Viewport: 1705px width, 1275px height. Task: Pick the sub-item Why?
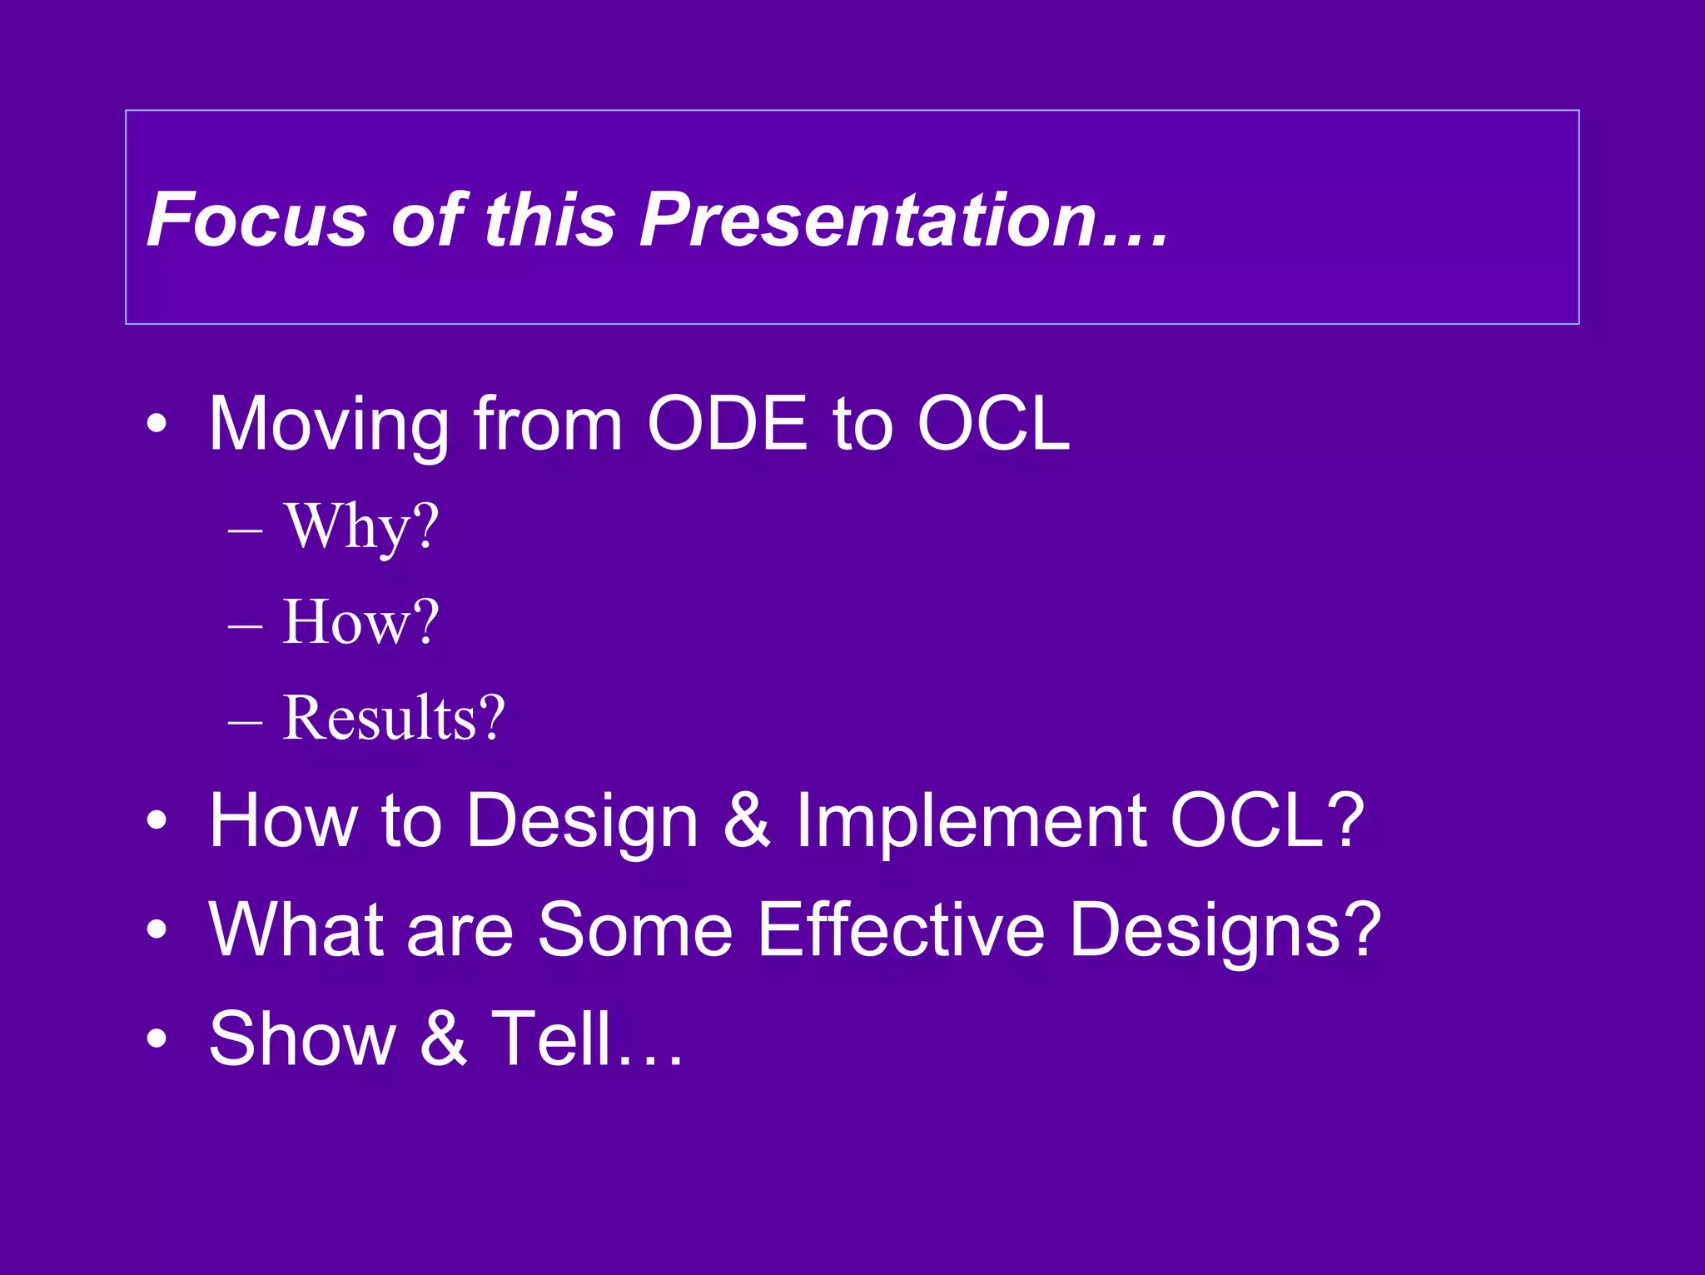click(x=360, y=528)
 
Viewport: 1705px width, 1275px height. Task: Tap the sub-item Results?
click(x=393, y=718)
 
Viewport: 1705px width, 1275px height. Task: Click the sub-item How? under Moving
click(x=360, y=622)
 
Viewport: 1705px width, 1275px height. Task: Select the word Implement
click(x=971, y=821)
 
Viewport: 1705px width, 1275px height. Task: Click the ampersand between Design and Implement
click(x=747, y=821)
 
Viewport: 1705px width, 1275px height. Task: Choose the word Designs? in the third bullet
click(x=1225, y=931)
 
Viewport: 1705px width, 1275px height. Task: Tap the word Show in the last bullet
click(x=301, y=1038)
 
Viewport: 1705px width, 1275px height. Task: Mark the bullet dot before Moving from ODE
click(x=157, y=426)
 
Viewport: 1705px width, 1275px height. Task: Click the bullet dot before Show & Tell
click(x=157, y=1039)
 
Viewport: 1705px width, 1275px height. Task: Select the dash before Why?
click(x=245, y=530)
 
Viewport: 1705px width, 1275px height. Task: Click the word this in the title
click(x=549, y=220)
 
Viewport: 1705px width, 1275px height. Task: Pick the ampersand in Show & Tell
click(x=443, y=1038)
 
